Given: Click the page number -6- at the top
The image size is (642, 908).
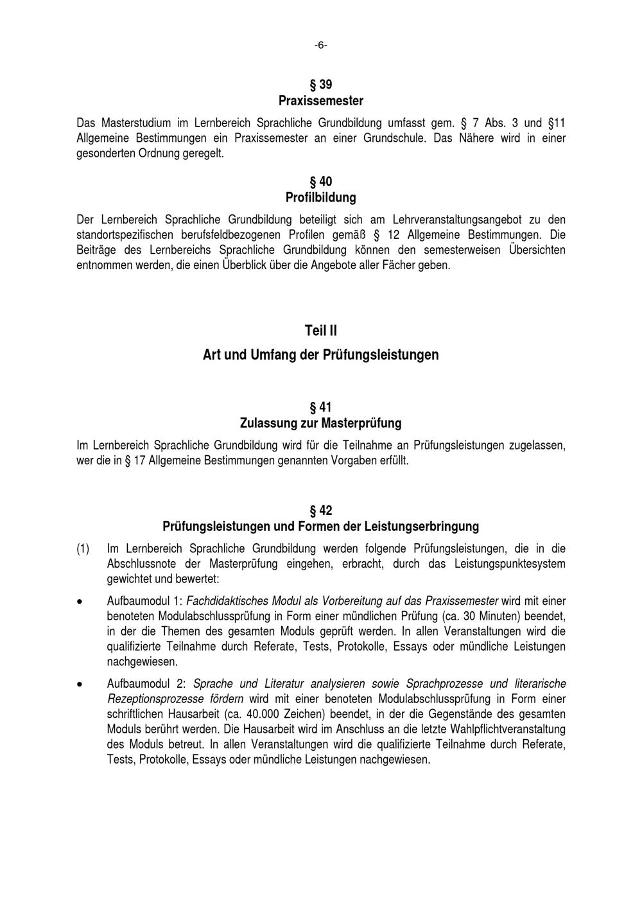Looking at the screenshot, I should pos(320,45).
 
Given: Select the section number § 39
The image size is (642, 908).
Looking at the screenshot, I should pos(320,85).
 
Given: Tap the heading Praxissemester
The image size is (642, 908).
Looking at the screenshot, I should pos(320,101).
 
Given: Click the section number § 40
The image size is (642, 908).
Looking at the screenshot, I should pos(320,182).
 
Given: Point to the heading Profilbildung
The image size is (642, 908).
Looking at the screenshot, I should pos(320,198).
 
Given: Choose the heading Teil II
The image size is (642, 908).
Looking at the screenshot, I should pos(320,331).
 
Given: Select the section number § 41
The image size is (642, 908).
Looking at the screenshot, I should pos(320,407).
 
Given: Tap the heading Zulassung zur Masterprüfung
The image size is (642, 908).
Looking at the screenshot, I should pos(320,423).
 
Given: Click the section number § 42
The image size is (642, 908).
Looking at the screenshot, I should pos(320,511).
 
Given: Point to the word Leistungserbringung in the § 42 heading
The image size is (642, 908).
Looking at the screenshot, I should pos(421,527).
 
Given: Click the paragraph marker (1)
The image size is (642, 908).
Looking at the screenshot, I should pos(83,549).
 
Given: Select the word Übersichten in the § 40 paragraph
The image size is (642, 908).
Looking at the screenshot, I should pos(537,250).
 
